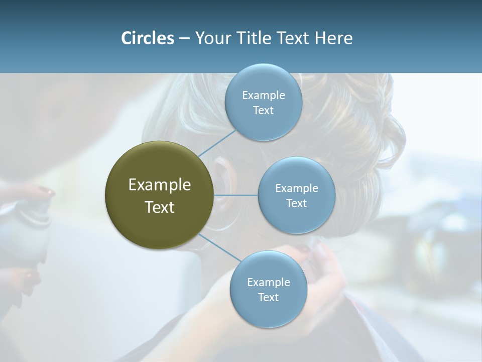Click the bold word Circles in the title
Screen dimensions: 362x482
[147, 38]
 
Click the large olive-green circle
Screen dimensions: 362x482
[159, 195]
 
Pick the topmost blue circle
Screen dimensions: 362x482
[263, 102]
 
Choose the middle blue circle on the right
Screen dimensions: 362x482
[296, 195]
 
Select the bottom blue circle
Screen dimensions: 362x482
[268, 289]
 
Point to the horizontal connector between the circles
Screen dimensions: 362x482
[235, 195]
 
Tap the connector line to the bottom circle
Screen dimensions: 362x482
[218, 247]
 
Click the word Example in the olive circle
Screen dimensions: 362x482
[159, 185]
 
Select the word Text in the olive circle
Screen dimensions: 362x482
[159, 207]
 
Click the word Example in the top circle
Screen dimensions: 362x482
[263, 95]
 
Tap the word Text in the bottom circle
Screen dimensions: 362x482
[268, 297]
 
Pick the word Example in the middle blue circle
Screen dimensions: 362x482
[296, 189]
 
